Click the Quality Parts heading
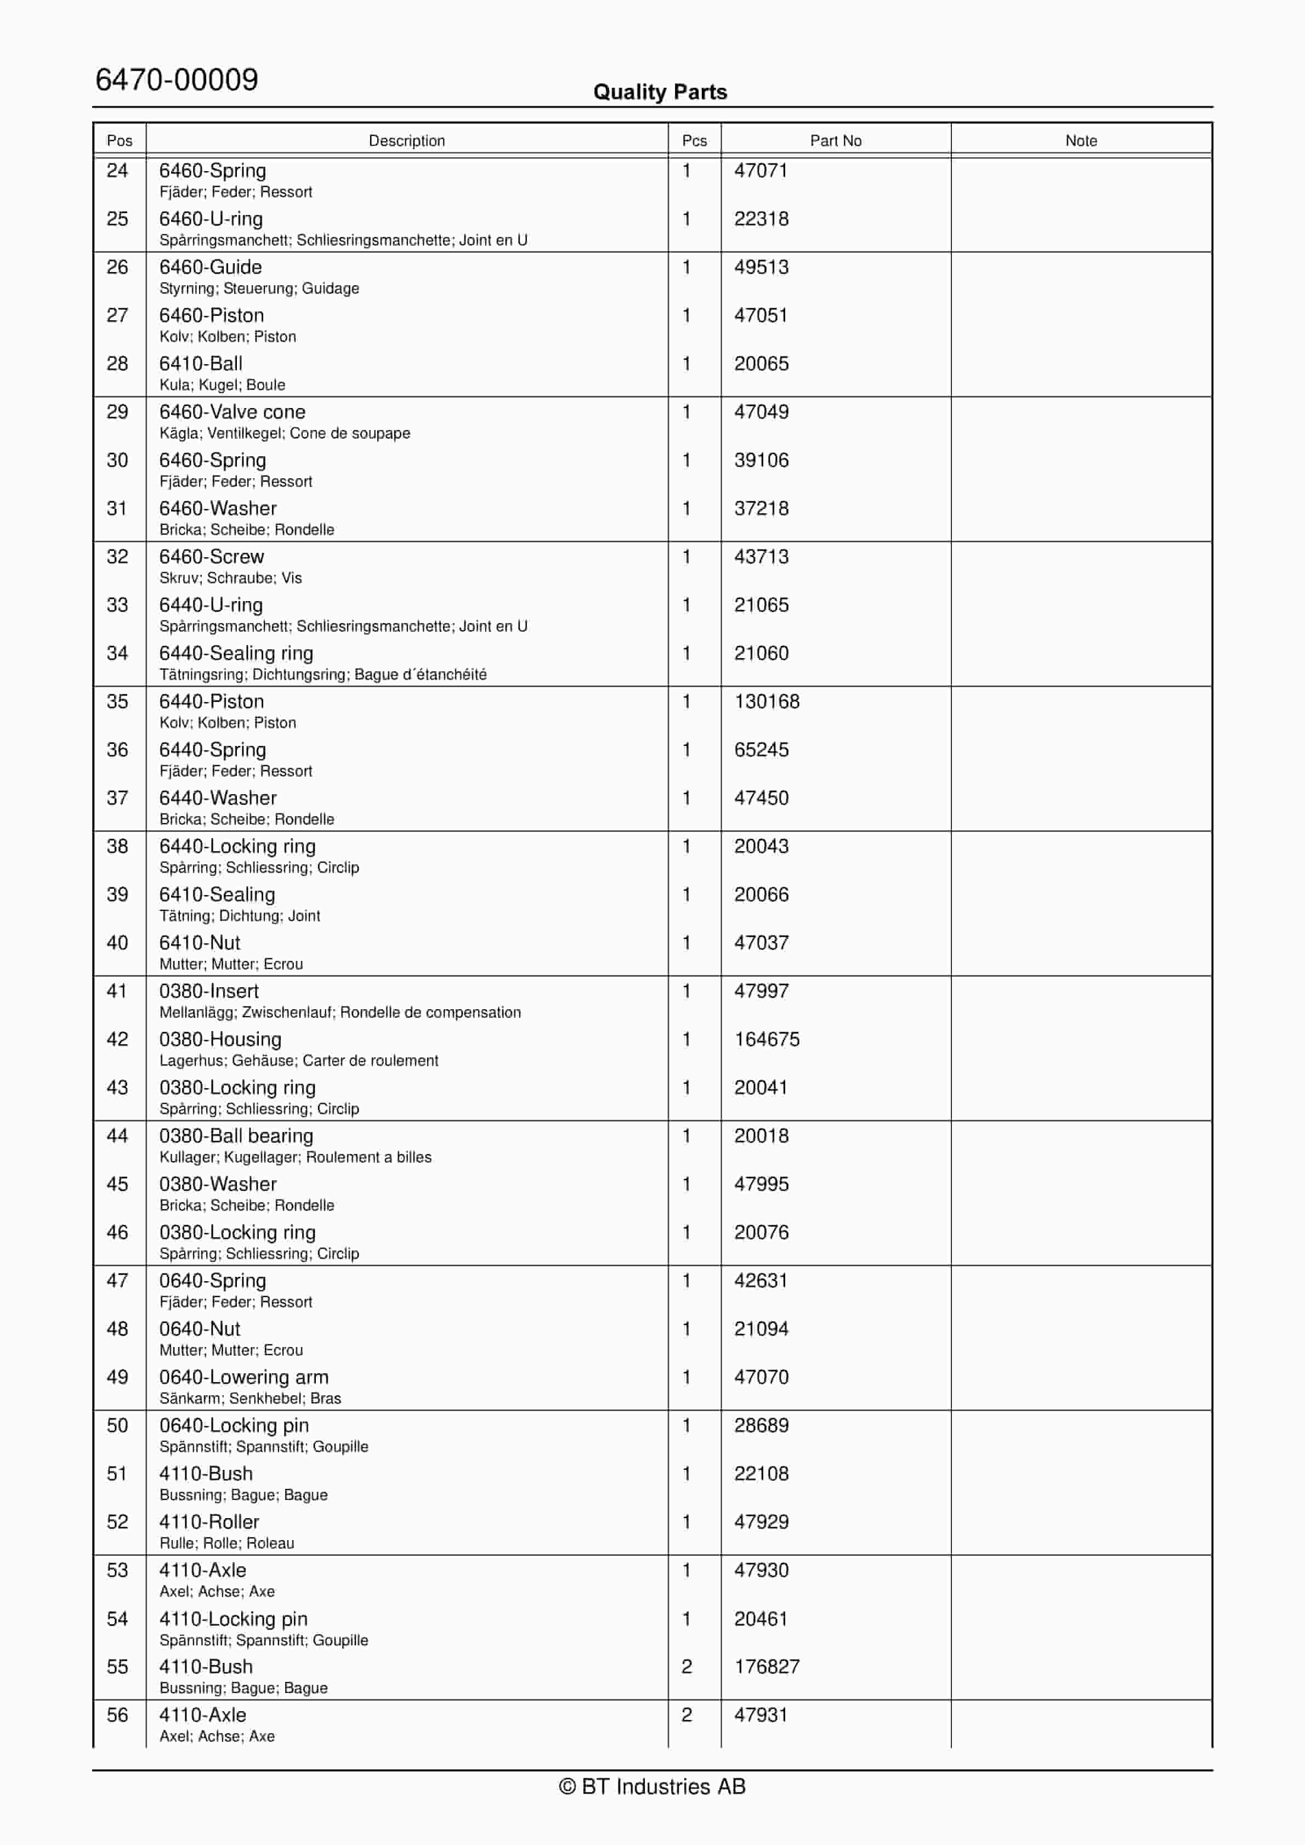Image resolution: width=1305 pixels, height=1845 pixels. pyautogui.click(x=660, y=92)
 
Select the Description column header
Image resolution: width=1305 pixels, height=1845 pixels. pyautogui.click(x=407, y=140)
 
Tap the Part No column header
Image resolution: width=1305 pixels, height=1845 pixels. pyautogui.click(x=835, y=140)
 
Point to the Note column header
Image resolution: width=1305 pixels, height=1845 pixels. pyautogui.click(x=1081, y=140)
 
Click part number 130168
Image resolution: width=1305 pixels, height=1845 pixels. pyautogui.click(x=767, y=701)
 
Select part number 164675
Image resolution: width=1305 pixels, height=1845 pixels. pyautogui.click(x=767, y=1039)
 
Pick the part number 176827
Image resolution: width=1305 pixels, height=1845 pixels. pyautogui.click(x=767, y=1667)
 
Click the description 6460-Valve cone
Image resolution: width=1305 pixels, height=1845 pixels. pyautogui.click(x=232, y=412)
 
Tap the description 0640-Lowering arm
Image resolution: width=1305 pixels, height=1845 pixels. pyautogui.click(x=243, y=1377)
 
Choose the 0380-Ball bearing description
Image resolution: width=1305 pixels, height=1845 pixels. pyautogui.click(x=236, y=1135)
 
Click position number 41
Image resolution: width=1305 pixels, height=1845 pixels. pyautogui.click(x=117, y=991)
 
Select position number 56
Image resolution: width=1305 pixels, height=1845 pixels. pyautogui.click(x=117, y=1715)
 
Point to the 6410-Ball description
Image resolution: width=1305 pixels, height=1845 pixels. pyautogui.click(x=201, y=364)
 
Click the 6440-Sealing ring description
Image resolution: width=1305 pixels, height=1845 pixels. pyautogui.click(x=236, y=653)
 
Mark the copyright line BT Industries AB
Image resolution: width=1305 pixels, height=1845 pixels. pyautogui.click(x=653, y=1786)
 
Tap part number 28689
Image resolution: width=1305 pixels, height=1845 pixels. pyautogui.click(x=761, y=1425)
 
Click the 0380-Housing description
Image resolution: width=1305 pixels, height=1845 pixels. pyautogui.click(x=220, y=1039)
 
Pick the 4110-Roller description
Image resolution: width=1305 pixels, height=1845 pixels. pyautogui.click(x=209, y=1522)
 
